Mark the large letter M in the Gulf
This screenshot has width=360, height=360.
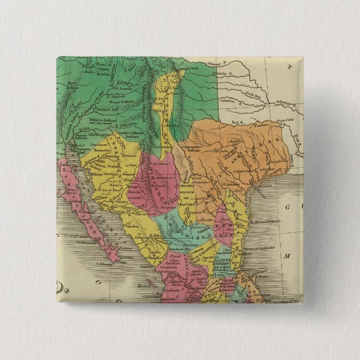pos(291,256)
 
